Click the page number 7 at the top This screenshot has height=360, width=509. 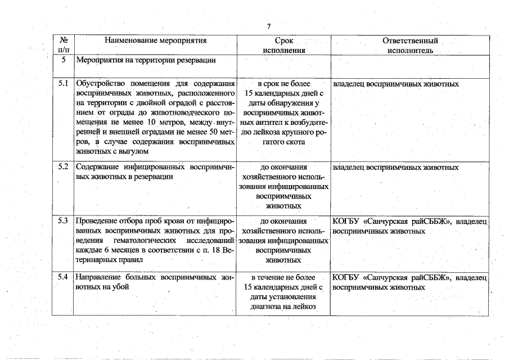tap(269, 26)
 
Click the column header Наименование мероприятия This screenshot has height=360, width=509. tap(156, 40)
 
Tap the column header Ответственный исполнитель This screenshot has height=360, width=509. tap(409, 45)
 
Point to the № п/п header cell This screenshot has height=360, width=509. tap(63, 45)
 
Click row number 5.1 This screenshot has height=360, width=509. tap(63, 84)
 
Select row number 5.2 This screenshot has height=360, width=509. tap(63, 167)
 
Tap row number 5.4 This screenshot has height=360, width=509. tap(63, 277)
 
